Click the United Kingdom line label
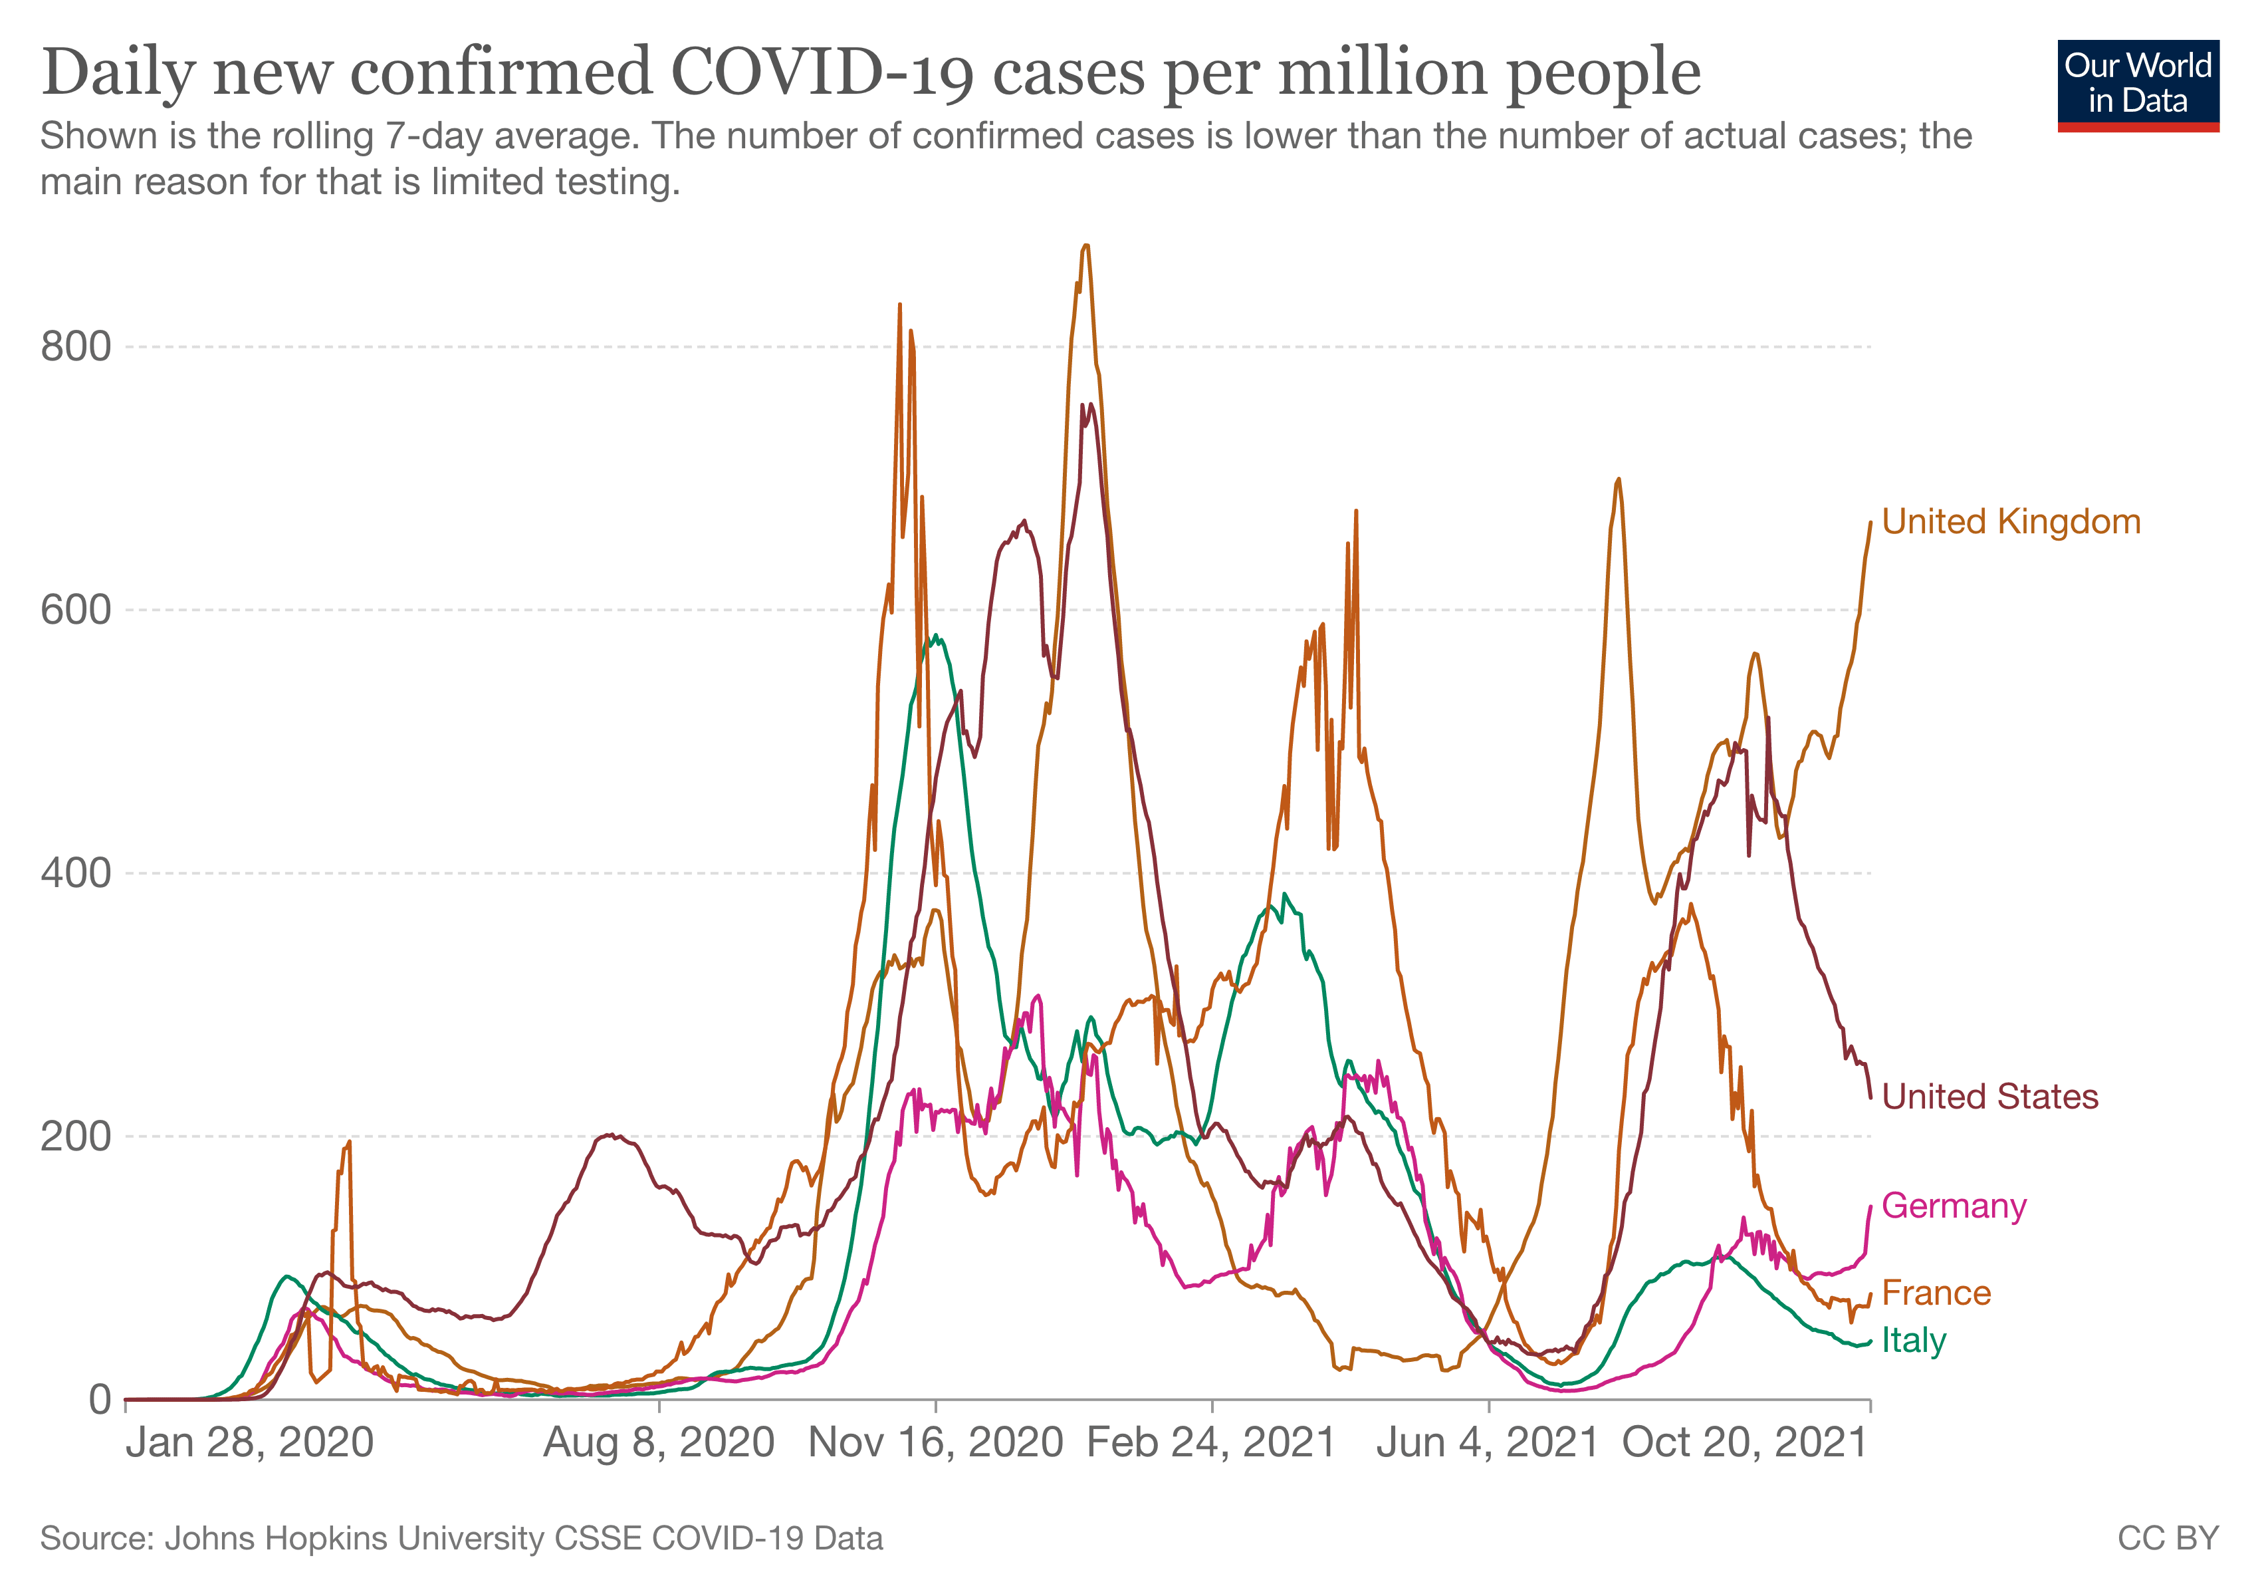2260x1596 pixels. (x=2010, y=522)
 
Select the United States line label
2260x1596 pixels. (x=1989, y=1097)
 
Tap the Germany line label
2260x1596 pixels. (x=1954, y=1206)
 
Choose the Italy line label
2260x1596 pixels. (x=1914, y=1341)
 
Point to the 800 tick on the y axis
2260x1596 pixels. (x=76, y=346)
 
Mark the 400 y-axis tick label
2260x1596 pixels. (x=76, y=873)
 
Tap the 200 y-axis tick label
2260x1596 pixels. (x=76, y=1136)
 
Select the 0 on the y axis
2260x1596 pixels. (x=100, y=1399)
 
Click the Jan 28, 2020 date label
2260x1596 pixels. (x=250, y=1444)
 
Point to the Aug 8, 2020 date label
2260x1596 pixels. (x=659, y=1444)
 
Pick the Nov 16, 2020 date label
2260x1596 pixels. (x=935, y=1444)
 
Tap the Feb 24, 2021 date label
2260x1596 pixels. (x=1212, y=1444)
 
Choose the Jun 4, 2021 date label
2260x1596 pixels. (x=1488, y=1444)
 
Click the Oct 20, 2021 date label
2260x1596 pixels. (x=1744, y=1444)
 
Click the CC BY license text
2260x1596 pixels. (x=2168, y=1538)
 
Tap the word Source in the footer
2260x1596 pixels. (x=96, y=1538)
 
